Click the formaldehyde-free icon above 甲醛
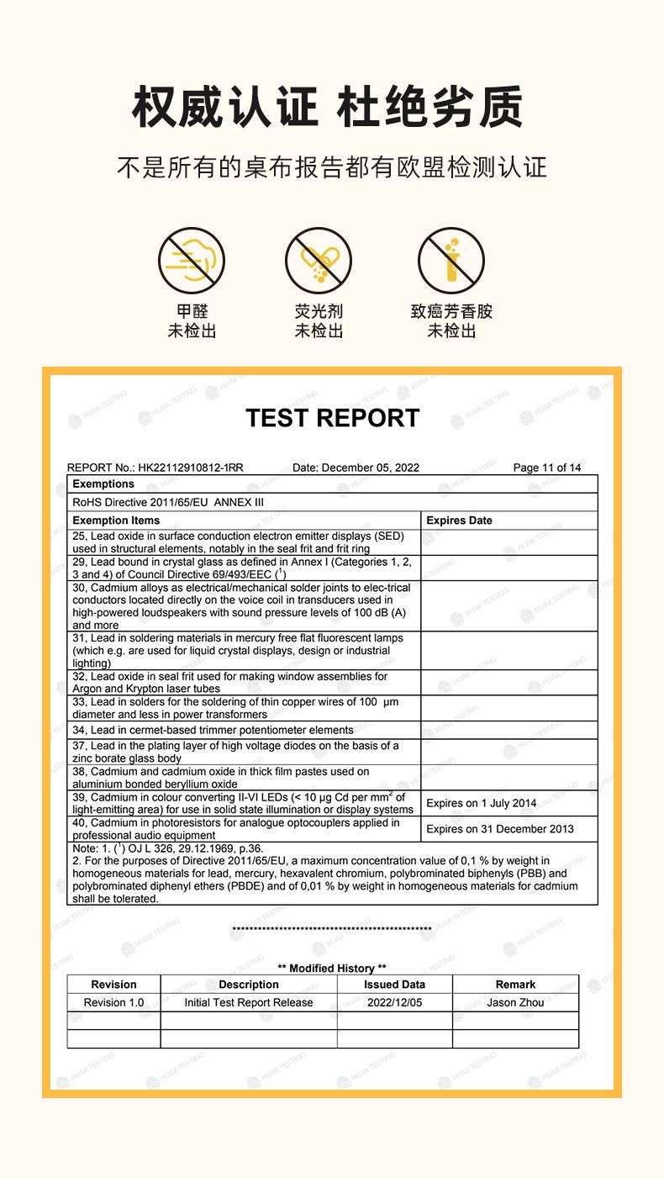[x=192, y=261]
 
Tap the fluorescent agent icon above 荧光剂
[x=318, y=261]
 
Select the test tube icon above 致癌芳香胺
[x=451, y=261]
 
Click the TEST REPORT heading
[x=332, y=418]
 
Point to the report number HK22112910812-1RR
[x=191, y=468]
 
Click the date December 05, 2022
[x=371, y=468]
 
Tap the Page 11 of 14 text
[x=546, y=468]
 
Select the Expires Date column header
[x=459, y=520]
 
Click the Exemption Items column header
[x=116, y=520]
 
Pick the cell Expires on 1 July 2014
[x=481, y=803]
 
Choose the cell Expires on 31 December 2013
[x=499, y=829]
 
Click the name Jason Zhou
[x=515, y=1002]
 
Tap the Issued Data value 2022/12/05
[x=394, y=1002]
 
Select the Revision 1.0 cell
[x=113, y=1002]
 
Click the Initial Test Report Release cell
[x=249, y=1002]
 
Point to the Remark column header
[x=515, y=985]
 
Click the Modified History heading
[x=332, y=969]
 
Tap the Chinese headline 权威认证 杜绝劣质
[x=328, y=108]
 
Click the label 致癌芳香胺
[x=451, y=312]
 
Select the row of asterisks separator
[x=331, y=930]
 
